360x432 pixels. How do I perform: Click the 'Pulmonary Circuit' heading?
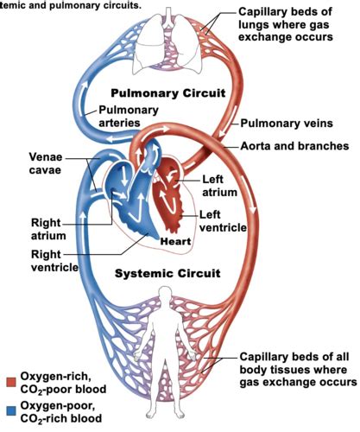click(x=168, y=93)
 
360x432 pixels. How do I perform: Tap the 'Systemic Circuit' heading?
click(x=167, y=273)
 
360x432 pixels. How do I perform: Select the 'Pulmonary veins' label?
click(x=287, y=124)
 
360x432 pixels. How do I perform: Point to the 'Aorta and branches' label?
click(x=294, y=146)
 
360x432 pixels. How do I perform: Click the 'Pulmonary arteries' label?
click(x=129, y=116)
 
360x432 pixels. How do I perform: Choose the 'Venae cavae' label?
click(x=46, y=163)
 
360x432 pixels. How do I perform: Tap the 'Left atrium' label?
click(x=219, y=186)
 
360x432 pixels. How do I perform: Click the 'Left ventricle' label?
click(x=223, y=221)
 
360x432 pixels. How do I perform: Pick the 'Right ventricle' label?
click(x=54, y=261)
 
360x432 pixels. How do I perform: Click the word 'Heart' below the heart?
click(x=175, y=241)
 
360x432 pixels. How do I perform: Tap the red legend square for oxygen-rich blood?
click(x=11, y=382)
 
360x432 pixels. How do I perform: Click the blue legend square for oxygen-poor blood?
click(x=11, y=410)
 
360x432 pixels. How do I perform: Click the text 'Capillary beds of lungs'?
click(x=285, y=18)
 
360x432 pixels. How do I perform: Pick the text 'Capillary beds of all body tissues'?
click(x=294, y=363)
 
